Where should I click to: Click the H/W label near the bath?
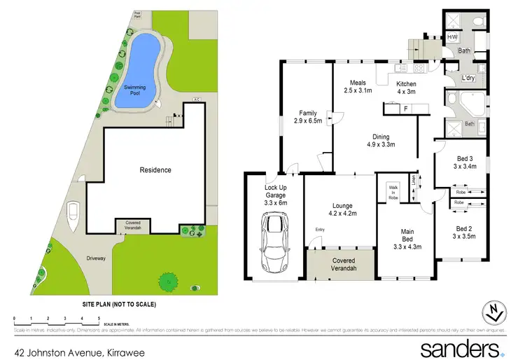[452, 37]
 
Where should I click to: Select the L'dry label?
[468, 78]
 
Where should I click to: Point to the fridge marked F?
[405, 109]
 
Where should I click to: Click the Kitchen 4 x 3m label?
[406, 76]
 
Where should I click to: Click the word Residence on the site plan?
[155, 170]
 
